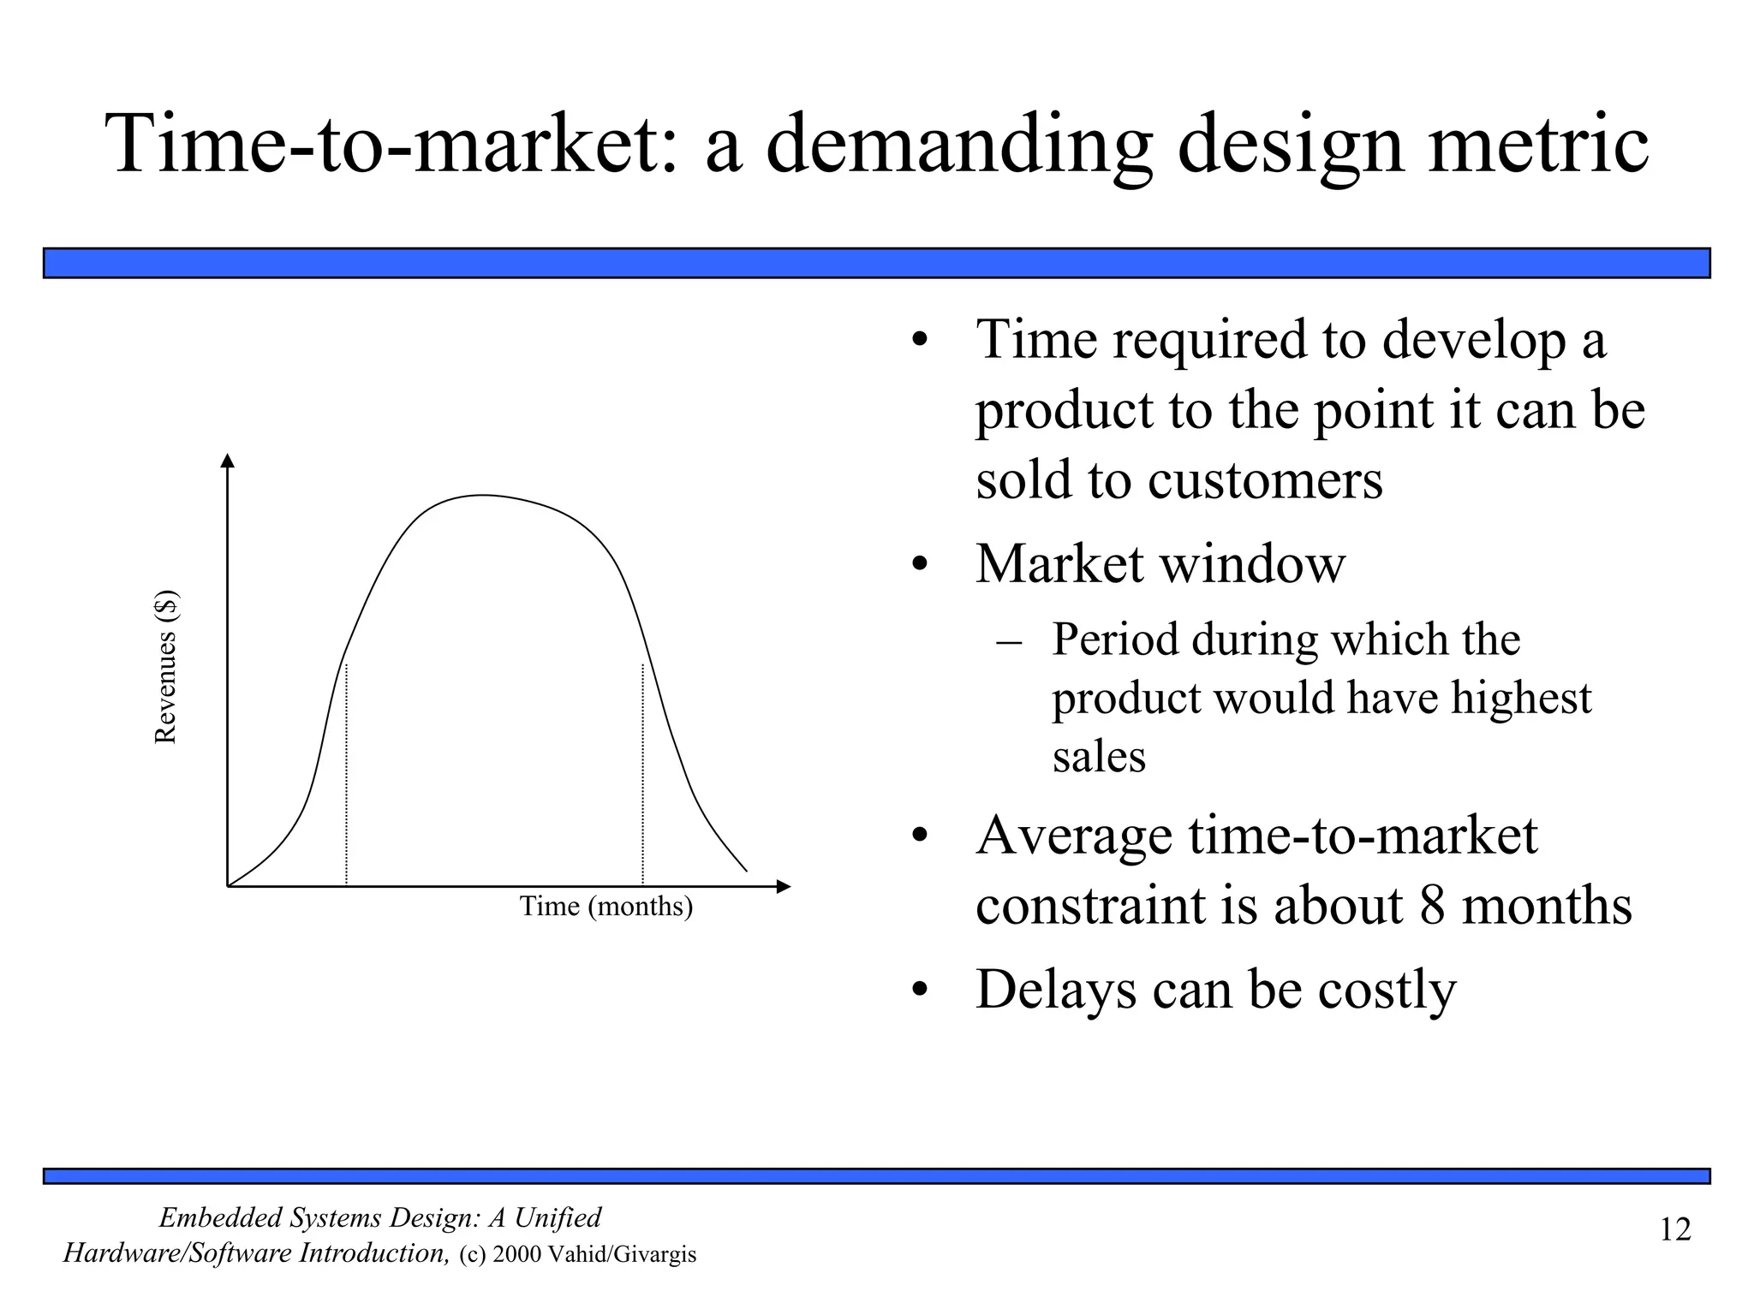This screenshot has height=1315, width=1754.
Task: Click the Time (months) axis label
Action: [x=606, y=906]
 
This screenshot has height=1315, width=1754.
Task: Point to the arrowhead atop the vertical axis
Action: [x=227, y=461]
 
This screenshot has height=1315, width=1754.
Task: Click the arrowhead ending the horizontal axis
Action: [x=783, y=886]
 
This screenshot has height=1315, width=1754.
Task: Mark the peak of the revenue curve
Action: [x=482, y=496]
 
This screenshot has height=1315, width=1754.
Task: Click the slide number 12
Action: [x=1675, y=1229]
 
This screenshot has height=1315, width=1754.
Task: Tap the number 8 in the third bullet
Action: [x=1432, y=905]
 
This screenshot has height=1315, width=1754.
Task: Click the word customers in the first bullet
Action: [x=1265, y=480]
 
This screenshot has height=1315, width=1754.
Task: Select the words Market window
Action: [x=1160, y=564]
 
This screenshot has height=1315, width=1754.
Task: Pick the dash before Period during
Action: [x=1010, y=641]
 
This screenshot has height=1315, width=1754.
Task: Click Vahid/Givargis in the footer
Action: [x=622, y=1255]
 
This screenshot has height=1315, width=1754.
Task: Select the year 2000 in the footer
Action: [x=516, y=1255]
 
